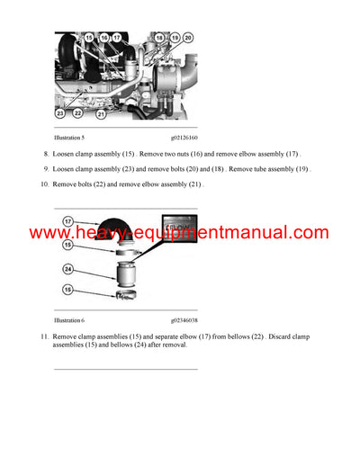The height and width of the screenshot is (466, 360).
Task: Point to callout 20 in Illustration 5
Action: click(187, 37)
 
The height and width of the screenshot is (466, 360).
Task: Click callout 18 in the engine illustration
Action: click(160, 37)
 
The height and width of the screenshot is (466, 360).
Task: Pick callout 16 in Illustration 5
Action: click(103, 37)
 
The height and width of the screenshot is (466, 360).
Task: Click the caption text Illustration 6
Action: click(69, 319)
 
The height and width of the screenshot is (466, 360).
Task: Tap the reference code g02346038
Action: click(186, 319)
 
